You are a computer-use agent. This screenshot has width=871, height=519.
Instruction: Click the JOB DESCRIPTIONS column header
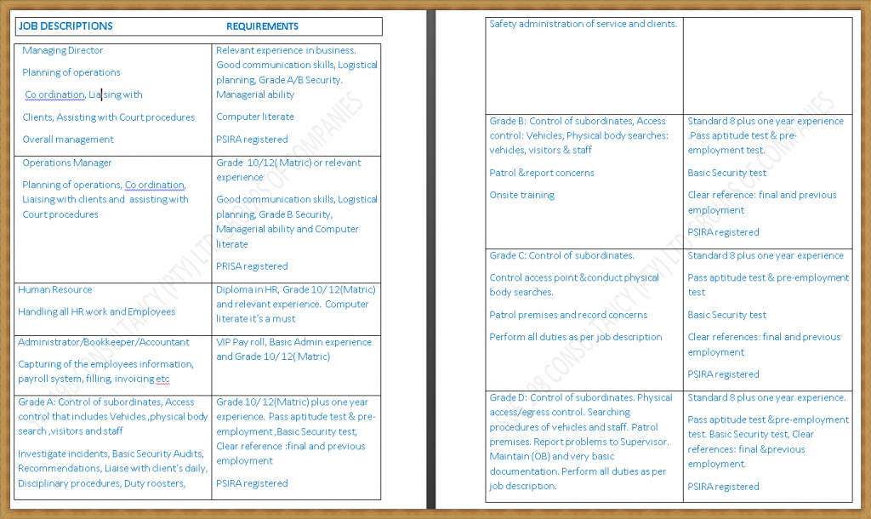65,26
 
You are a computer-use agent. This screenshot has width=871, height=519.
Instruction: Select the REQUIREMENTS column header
262,26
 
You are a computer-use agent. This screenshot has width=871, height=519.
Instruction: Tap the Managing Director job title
63,51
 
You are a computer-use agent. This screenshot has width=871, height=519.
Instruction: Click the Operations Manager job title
67,163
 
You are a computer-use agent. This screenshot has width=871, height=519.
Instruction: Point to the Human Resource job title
55,290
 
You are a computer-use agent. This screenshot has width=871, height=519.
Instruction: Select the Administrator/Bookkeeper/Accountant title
104,342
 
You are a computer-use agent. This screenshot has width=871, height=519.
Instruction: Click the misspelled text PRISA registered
252,266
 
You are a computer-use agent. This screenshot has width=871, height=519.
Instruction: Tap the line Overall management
68,140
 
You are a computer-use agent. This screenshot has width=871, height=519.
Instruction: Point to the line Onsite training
521,196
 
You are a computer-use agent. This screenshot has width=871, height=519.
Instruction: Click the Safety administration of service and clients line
584,24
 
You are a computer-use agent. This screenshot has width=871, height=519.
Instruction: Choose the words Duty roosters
155,483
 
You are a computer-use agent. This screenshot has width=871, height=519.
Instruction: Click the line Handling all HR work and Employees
97,312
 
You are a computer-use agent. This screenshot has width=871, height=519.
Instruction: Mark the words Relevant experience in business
286,51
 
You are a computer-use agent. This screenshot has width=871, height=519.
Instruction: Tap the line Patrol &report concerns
542,173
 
